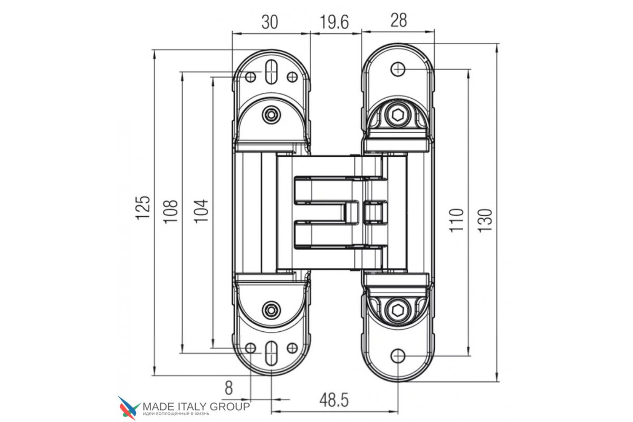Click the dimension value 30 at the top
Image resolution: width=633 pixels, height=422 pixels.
pos(270,22)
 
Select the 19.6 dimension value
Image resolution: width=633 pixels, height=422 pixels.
pos(334,22)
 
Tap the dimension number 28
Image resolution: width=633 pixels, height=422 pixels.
pos(398,20)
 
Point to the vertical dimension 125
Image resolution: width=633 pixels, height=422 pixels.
pos(143,207)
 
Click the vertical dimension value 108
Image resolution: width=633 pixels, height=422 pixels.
pos(170,212)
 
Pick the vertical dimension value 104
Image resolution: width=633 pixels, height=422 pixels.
pos(201,211)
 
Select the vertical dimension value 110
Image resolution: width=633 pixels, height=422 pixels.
pos(457,220)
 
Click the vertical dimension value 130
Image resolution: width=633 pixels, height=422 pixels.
pos(485,220)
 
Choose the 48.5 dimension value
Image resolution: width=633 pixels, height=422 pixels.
pos(334,400)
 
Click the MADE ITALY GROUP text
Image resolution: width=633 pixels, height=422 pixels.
pos(196,407)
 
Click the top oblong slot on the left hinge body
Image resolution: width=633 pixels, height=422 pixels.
pos(271,71)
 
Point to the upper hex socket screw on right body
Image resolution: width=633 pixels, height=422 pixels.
pos(398,115)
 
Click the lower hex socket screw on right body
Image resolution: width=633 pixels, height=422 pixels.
pos(398,310)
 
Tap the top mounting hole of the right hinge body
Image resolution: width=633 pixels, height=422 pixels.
pos(398,69)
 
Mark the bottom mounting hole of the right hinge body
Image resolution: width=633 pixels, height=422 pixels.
pos(398,356)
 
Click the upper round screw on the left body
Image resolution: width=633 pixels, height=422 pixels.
pos(271,114)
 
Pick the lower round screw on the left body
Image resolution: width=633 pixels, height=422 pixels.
pos(271,310)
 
